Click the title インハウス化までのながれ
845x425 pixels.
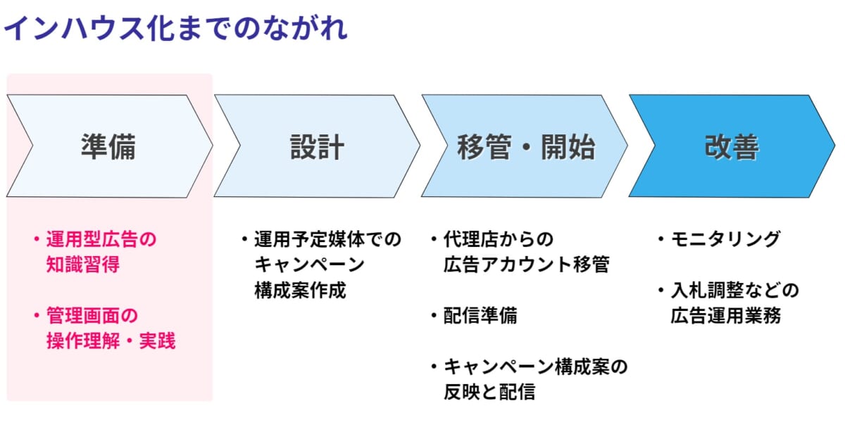[x=175, y=28]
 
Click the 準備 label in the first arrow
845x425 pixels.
[x=108, y=146]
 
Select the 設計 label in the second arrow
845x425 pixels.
[x=317, y=146]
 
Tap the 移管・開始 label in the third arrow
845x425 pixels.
[x=526, y=146]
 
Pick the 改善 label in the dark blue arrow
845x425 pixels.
[x=732, y=146]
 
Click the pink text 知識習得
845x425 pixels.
[x=82, y=264]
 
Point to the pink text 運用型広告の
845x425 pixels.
[x=101, y=239]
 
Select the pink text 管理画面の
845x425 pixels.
[x=92, y=315]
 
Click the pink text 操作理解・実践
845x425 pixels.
[x=111, y=341]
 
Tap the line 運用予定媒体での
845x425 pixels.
[x=327, y=239]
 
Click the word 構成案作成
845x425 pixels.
[x=300, y=291]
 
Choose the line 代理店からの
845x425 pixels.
[x=499, y=239]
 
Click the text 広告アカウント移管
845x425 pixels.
[x=526, y=264]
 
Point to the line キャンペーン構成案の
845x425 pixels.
[x=535, y=367]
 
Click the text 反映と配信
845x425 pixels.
[x=489, y=391]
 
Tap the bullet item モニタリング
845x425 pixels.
[x=725, y=239]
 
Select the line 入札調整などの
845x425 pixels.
[x=734, y=291]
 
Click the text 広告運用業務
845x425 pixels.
[x=725, y=315]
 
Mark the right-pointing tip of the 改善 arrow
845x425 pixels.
[x=834, y=146]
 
